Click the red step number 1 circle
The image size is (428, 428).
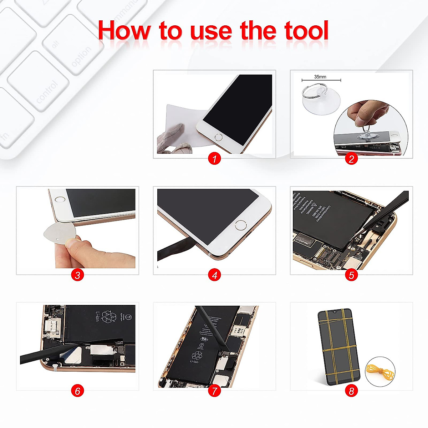[x=214, y=159]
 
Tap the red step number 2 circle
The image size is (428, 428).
[x=351, y=159]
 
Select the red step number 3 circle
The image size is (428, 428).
[x=77, y=275]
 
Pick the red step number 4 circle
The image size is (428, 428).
[x=214, y=275]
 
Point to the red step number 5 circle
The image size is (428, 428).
[x=351, y=275]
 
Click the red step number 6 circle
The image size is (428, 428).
[x=77, y=391]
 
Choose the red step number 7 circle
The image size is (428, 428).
[x=214, y=391]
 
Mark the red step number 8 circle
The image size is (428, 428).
[x=351, y=391]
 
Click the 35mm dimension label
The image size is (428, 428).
[x=320, y=77]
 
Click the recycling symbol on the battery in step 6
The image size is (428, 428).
[x=109, y=316]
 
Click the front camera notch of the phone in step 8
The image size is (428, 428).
[x=335, y=312]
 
